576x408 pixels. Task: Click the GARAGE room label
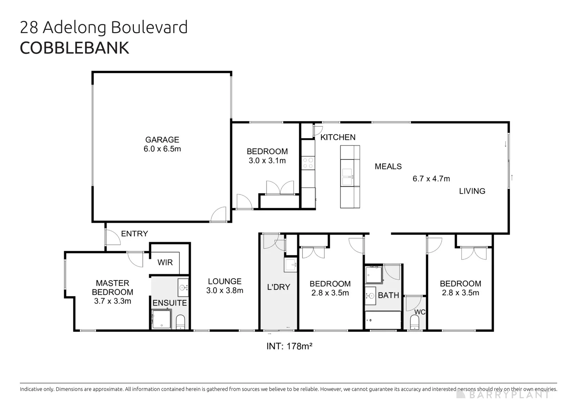point(162,140)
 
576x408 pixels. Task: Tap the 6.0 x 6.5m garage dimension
point(162,149)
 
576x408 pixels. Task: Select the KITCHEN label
point(338,137)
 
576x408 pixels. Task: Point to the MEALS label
point(388,166)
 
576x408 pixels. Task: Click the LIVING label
point(472,191)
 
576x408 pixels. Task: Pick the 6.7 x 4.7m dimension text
point(431,179)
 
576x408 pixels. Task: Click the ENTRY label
point(135,234)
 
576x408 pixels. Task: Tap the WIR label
point(165,263)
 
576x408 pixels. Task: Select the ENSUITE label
point(170,303)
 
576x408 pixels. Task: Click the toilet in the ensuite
point(180,322)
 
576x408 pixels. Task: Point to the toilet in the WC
point(414,323)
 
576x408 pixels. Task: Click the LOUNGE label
point(225,281)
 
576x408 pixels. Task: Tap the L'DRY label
point(279,287)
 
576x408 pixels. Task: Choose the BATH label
point(388,295)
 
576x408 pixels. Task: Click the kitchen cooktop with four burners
point(308,163)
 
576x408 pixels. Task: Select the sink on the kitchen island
point(347,177)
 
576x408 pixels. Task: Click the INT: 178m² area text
point(289,346)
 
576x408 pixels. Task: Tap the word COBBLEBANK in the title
point(74,48)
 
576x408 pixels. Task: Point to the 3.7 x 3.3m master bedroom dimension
point(113,301)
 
